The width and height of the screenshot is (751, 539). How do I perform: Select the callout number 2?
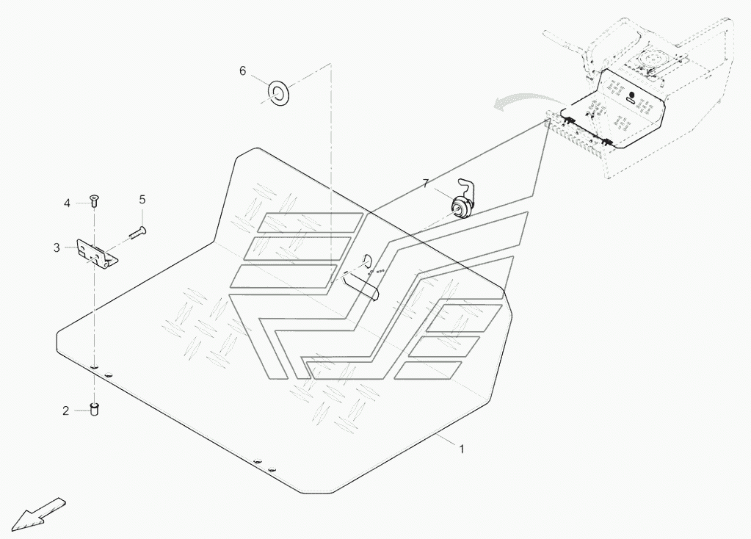[x=65, y=411]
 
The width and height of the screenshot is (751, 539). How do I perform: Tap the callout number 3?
[x=57, y=248]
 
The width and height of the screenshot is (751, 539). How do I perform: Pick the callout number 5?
[x=142, y=199]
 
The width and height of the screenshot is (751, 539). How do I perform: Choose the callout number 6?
[x=242, y=70]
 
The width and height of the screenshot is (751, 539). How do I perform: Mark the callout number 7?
[x=425, y=184]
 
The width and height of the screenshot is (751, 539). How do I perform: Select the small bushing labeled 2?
[x=94, y=408]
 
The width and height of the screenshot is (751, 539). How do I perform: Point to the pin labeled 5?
[x=137, y=233]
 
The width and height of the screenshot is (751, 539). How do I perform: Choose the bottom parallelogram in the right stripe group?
[x=428, y=370]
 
